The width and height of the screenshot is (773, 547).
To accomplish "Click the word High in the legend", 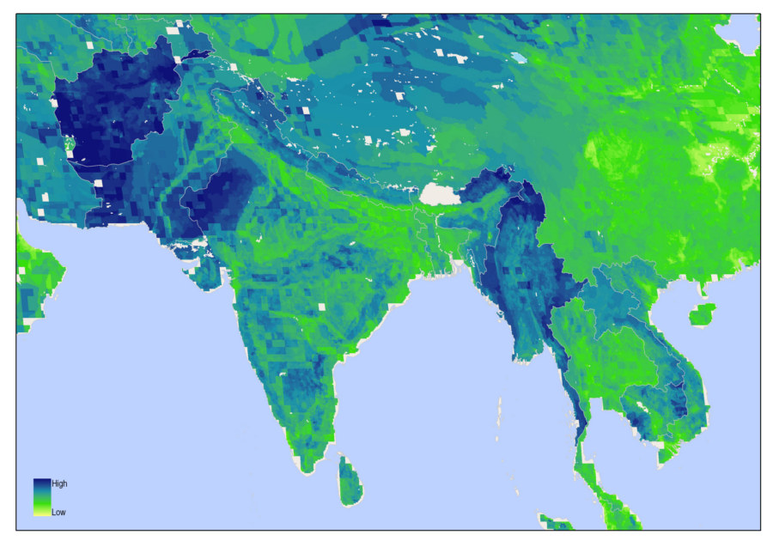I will coord(59,484).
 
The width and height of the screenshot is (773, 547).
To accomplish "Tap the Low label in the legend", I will coord(58,513).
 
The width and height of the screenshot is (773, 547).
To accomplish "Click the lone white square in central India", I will coord(323,306).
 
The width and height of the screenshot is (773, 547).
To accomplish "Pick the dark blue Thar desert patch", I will coord(219,198).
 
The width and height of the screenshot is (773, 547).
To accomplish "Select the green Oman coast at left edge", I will coord(34,266).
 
